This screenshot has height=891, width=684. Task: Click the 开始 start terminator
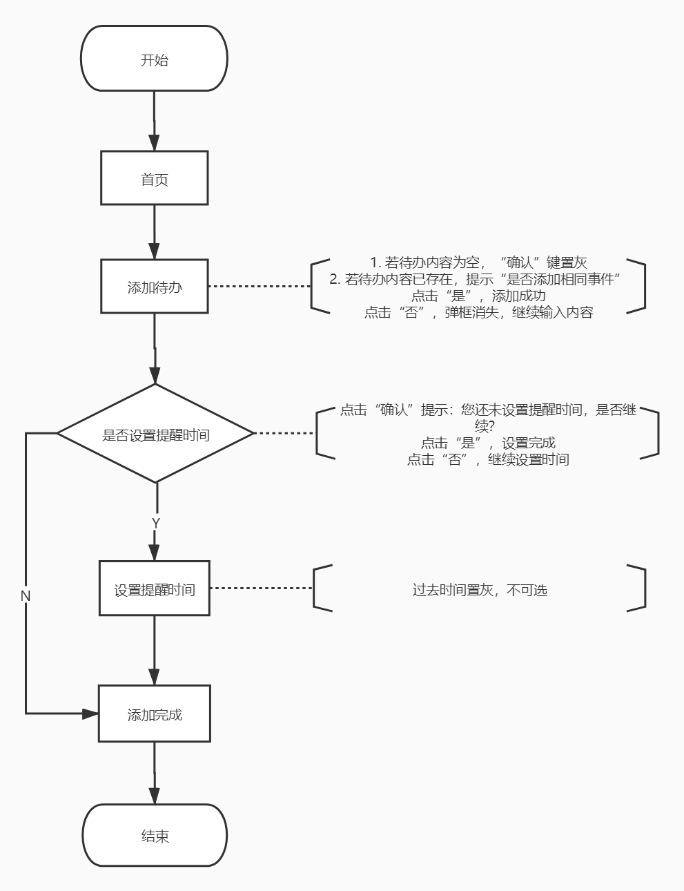[154, 59]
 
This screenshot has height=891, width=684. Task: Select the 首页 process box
[154, 179]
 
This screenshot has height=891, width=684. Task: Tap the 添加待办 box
[154, 287]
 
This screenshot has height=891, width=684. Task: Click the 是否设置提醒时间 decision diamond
[155, 434]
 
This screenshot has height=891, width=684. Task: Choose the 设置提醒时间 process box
[154, 588]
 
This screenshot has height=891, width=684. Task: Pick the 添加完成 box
[154, 714]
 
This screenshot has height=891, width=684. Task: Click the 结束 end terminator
[155, 836]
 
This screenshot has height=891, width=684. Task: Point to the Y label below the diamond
[155, 524]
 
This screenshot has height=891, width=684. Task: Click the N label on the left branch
[26, 595]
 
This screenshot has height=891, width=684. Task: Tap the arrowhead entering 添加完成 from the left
[90, 713]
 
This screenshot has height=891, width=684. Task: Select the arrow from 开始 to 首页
[154, 121]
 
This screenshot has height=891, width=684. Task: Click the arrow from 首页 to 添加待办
[154, 231]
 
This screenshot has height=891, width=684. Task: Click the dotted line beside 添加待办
[259, 286]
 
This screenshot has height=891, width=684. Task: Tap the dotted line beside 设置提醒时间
[261, 588]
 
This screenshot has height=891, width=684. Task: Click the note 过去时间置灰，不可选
[479, 590]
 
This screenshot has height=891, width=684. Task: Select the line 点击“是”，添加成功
[478, 296]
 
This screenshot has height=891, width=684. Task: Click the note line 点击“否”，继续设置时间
[487, 459]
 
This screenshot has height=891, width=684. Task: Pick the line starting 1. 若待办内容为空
[478, 262]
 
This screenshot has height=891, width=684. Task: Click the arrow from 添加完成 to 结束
[154, 773]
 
